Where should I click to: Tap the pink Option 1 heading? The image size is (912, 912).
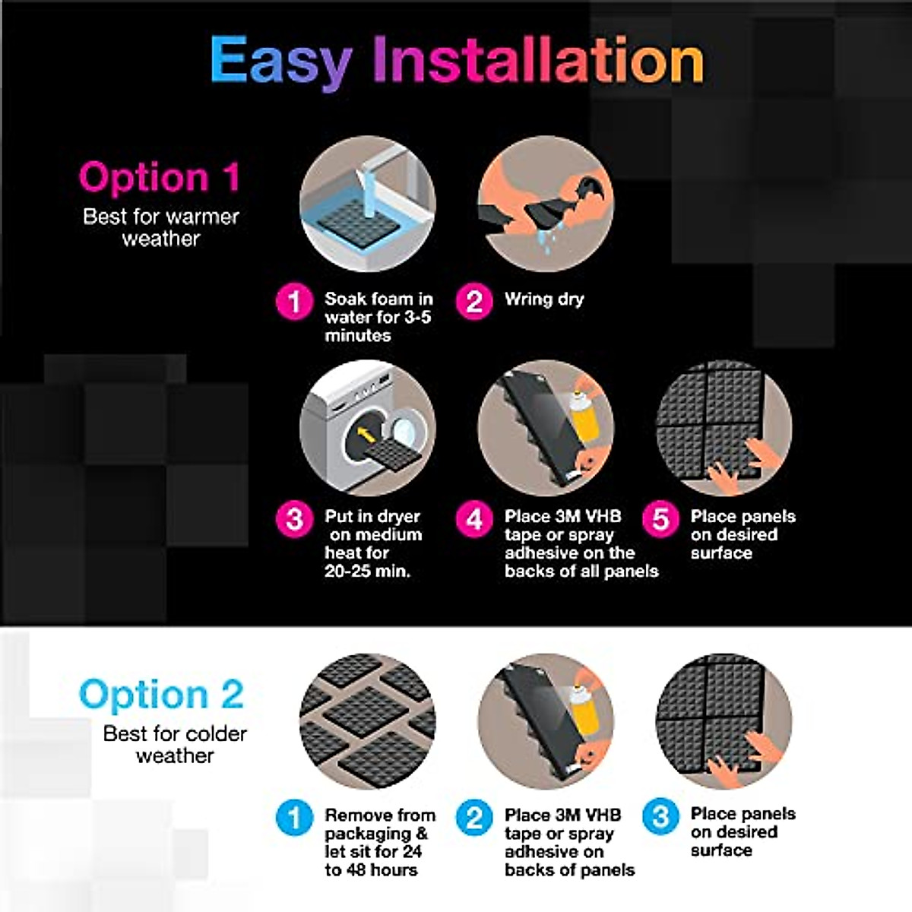click(160, 177)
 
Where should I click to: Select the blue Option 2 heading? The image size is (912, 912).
click(161, 695)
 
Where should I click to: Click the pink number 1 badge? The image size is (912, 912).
click(294, 301)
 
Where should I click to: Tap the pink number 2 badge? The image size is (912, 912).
click(473, 301)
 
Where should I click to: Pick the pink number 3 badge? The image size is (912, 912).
click(294, 519)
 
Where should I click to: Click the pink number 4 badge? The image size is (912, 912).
click(473, 519)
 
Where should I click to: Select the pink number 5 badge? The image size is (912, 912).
click(660, 519)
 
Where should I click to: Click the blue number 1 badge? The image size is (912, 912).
click(294, 818)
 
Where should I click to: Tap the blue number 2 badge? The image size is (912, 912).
click(473, 818)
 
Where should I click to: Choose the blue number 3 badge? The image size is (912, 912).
click(660, 818)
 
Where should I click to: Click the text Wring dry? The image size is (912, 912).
click(544, 299)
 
